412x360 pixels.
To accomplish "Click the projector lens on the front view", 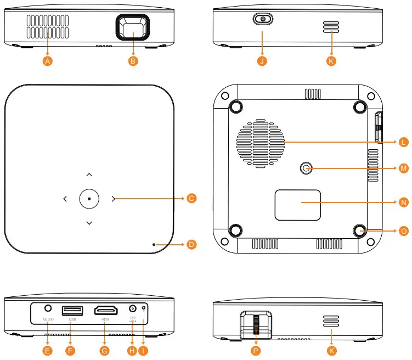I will click(132, 29).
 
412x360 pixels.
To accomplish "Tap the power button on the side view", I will click(263, 19).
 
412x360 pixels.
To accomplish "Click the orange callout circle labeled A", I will click(48, 61).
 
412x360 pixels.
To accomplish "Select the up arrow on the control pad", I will click(89, 175).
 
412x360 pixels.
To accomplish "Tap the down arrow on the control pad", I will click(89, 223).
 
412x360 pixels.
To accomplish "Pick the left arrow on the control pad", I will click(65, 199).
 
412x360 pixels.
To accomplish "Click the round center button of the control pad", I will click(89, 198).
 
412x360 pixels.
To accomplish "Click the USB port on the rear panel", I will click(72, 311).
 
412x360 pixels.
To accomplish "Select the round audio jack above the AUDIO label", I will click(48, 310).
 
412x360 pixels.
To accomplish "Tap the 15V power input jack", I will click(132, 310).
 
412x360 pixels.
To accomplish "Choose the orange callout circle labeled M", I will click(403, 168).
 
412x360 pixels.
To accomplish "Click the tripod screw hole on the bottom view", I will click(306, 169).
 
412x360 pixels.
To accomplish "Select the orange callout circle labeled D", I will click(191, 244).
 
